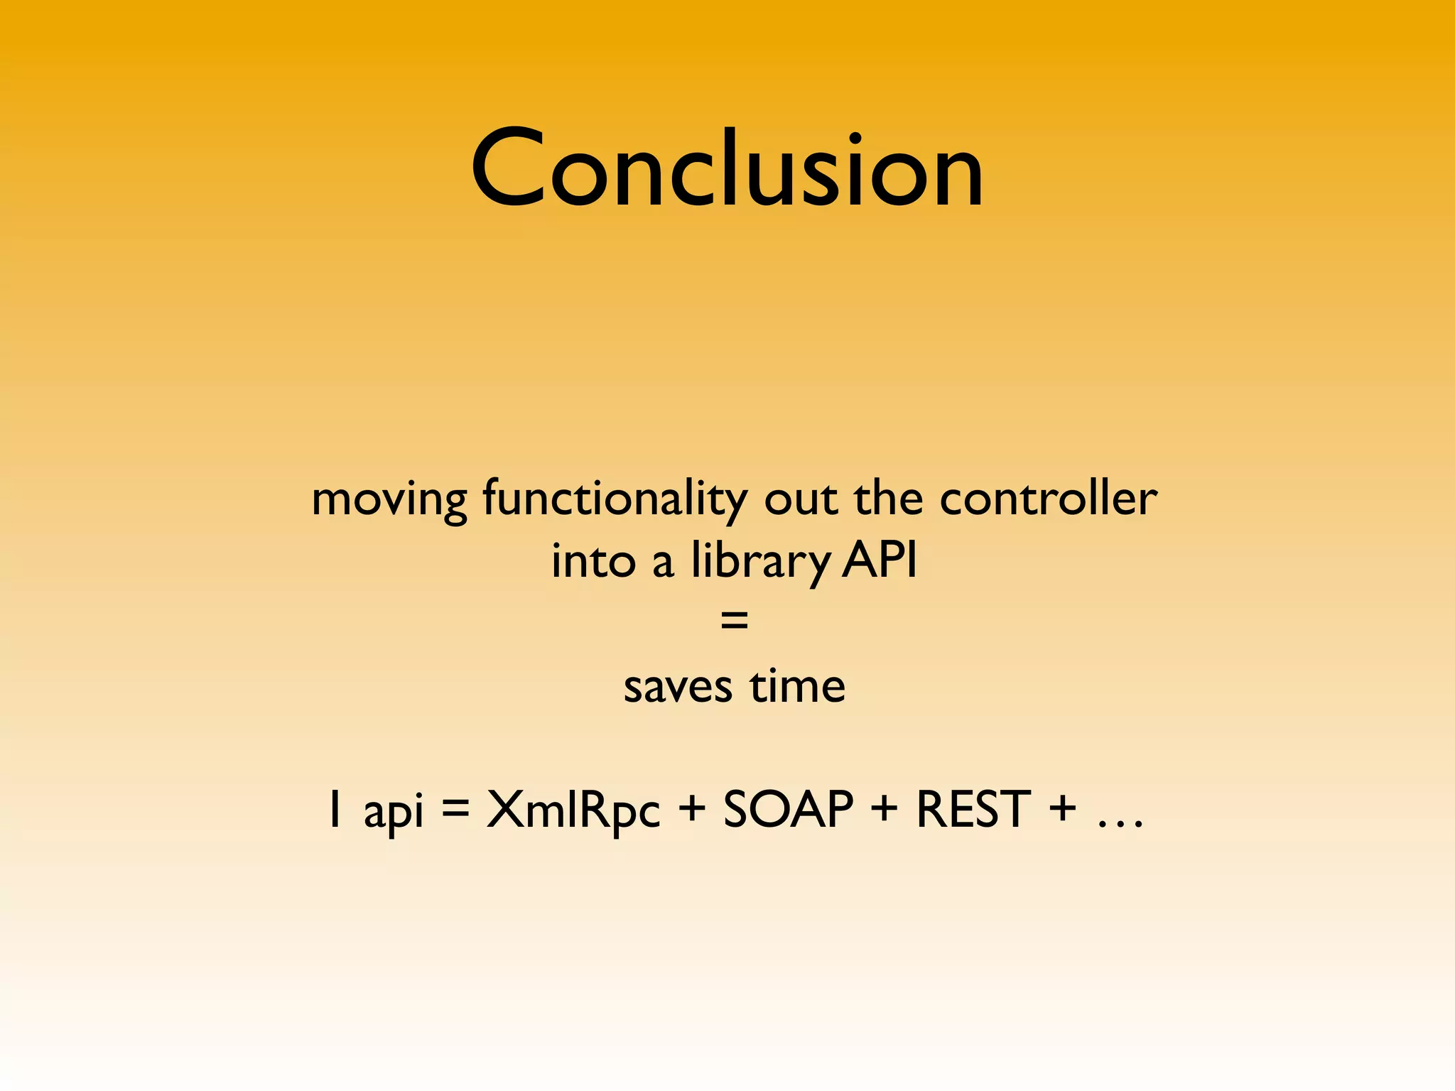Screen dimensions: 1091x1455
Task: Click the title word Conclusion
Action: click(x=727, y=170)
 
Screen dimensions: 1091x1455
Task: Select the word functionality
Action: click(x=615, y=499)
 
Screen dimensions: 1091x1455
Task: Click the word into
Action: click(x=593, y=561)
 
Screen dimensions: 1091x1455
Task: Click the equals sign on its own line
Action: click(x=734, y=621)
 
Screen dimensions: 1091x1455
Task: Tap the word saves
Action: click(x=677, y=688)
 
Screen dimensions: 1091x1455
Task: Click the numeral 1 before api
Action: click(x=335, y=810)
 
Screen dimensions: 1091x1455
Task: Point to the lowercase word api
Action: click(x=393, y=812)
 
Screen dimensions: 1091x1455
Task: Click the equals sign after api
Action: click(x=455, y=810)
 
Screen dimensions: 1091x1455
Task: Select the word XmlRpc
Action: click(x=573, y=810)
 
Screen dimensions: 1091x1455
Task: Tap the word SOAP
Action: click(x=788, y=809)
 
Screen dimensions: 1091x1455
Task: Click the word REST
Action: click(x=973, y=809)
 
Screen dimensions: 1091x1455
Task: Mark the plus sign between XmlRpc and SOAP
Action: click(x=691, y=810)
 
